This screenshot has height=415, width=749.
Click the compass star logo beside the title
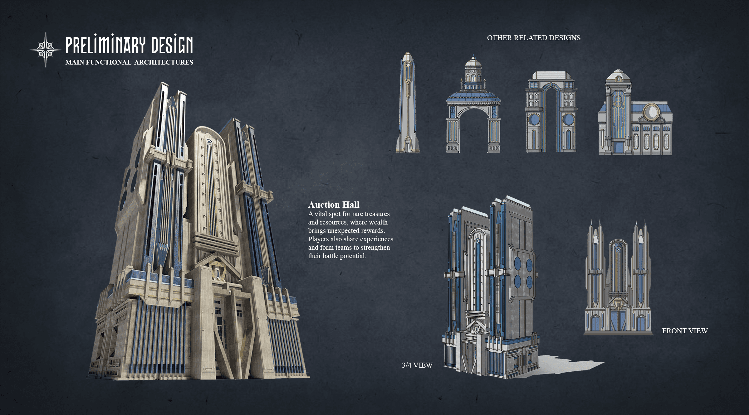click(x=46, y=50)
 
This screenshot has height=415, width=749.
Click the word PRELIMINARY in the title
click(x=105, y=46)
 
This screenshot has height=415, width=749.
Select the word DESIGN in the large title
click(x=172, y=46)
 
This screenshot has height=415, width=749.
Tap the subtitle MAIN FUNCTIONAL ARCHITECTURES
click(x=129, y=62)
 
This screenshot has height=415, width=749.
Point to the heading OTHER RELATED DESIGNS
click(x=534, y=38)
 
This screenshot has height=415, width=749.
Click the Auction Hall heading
click(x=334, y=205)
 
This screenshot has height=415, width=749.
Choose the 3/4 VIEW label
click(x=417, y=365)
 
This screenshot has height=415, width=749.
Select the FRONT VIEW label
click(x=685, y=331)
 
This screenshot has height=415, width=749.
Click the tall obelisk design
click(x=408, y=103)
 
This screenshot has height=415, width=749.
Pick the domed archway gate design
click(x=473, y=106)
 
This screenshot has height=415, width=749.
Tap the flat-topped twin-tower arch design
click(x=551, y=112)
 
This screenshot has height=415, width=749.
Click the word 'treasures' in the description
click(x=377, y=214)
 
